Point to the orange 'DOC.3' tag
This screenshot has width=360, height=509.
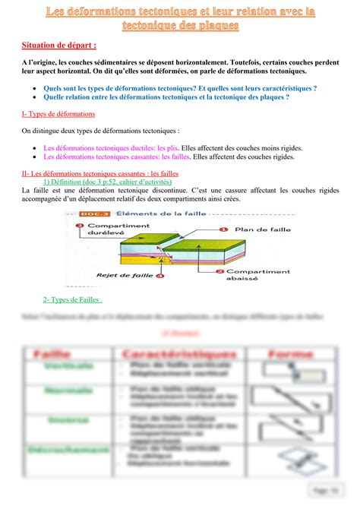[x=96, y=215]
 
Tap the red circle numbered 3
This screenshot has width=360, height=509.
[x=80, y=226]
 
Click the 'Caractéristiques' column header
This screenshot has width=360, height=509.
[x=176, y=354]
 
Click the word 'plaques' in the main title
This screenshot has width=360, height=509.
[x=216, y=26]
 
